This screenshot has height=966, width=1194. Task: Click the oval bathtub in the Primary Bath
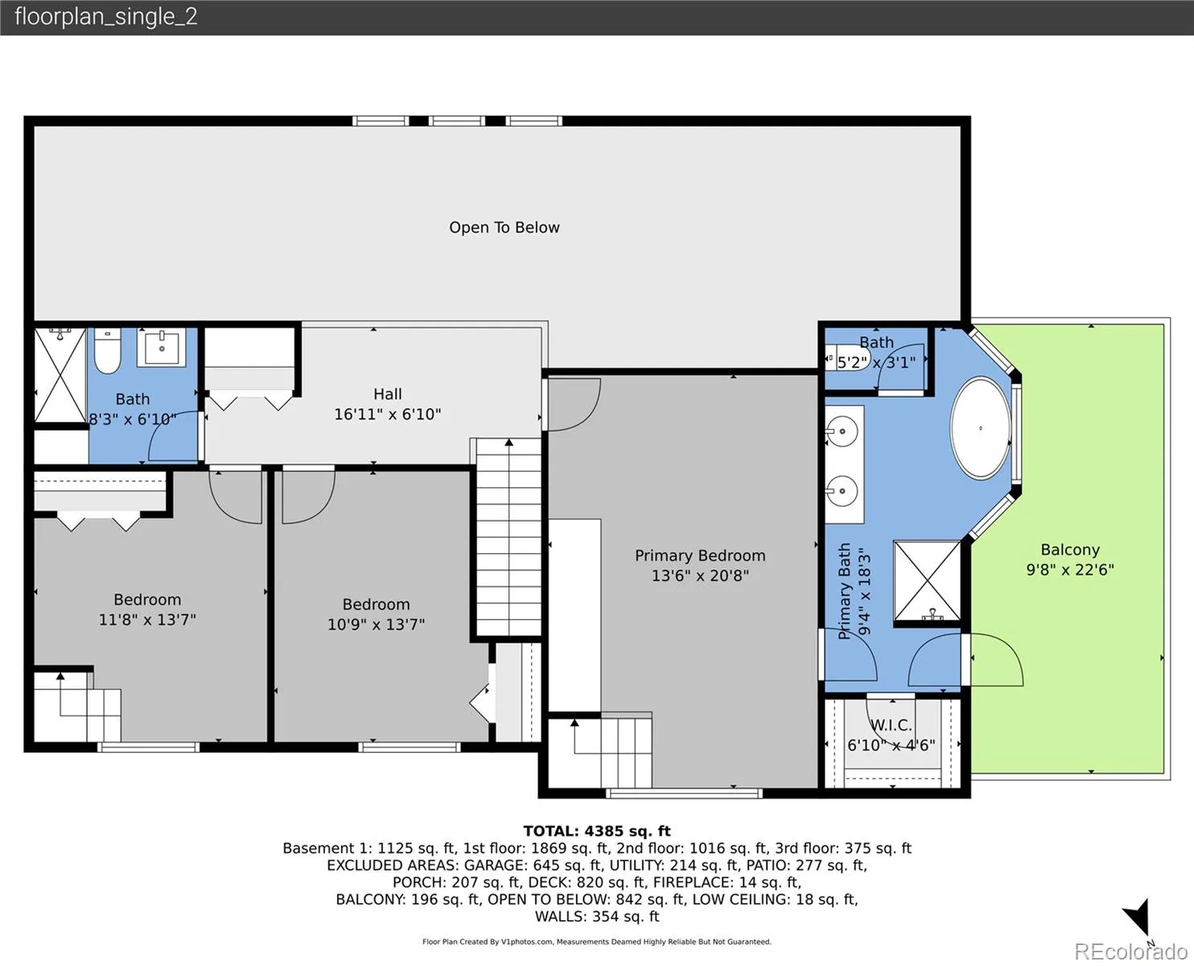click(x=981, y=428)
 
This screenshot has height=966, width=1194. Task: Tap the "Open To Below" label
click(x=504, y=228)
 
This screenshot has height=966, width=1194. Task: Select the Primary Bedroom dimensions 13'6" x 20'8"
click(x=700, y=576)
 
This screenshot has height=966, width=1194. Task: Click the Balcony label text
click(x=1070, y=550)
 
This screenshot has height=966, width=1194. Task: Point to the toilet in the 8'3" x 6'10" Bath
click(x=107, y=351)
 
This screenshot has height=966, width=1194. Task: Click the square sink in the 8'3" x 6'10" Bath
click(x=162, y=348)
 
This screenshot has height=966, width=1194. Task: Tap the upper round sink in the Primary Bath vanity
click(x=841, y=431)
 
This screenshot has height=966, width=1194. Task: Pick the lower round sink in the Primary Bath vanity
click(x=841, y=491)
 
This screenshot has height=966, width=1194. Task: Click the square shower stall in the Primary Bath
click(x=927, y=581)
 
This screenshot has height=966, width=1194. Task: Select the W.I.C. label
click(x=891, y=725)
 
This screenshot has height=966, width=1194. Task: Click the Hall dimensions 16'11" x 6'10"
click(x=387, y=415)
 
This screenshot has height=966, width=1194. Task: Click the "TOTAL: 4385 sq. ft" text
click(x=597, y=831)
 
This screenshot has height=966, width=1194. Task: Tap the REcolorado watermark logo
click(x=1131, y=952)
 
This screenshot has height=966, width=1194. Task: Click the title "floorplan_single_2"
click(x=106, y=17)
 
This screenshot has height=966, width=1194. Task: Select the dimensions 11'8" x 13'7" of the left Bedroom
click(x=147, y=620)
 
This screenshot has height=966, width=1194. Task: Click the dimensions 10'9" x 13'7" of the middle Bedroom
click(x=376, y=625)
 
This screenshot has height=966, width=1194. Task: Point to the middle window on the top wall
click(x=456, y=121)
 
